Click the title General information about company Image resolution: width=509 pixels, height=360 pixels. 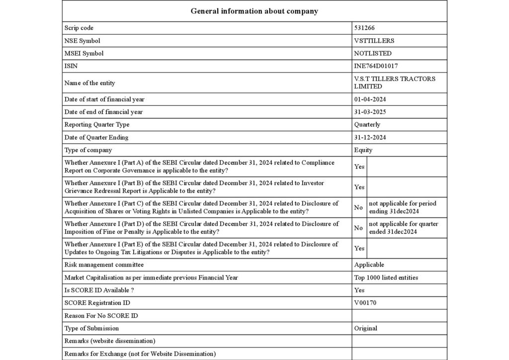(254, 11)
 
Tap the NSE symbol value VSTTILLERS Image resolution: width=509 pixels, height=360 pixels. (374, 41)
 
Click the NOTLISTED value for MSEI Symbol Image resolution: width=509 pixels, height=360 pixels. (372, 53)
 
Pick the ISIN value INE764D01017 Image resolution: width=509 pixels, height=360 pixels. (376, 66)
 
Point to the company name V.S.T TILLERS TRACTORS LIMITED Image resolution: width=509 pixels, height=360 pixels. (394, 83)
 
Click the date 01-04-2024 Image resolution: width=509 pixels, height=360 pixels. (370, 99)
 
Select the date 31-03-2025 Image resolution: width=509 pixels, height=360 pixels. (370, 112)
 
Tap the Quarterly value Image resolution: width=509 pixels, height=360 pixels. (367, 125)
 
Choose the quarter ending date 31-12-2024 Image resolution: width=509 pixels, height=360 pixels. (370, 137)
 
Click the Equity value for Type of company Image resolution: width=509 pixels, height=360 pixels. (363, 150)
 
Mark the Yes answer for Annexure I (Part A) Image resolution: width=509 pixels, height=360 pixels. (359, 167)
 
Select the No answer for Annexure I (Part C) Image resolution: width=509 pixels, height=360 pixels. (358, 207)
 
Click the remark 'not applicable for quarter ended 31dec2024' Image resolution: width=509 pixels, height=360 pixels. (403, 228)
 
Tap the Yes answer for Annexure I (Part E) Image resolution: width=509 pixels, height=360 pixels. (359, 248)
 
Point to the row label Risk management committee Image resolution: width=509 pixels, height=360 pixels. (104, 265)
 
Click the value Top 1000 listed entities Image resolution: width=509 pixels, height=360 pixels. (386, 277)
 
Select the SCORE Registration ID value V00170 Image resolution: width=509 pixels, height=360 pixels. (365, 303)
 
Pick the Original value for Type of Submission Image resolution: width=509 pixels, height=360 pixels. (365, 328)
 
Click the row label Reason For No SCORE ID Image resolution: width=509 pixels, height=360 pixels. (101, 316)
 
